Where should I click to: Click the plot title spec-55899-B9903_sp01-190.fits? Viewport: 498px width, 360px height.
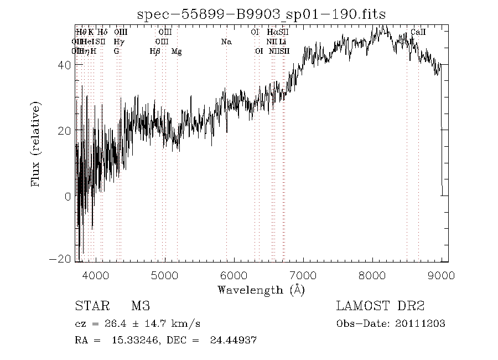(261, 14)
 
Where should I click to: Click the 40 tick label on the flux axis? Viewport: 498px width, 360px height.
(64, 65)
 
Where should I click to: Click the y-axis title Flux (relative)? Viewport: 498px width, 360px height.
(37, 144)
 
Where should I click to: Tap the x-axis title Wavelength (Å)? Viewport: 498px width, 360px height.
(261, 289)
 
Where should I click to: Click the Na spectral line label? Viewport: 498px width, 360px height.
(226, 42)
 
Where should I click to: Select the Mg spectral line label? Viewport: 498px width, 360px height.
(177, 51)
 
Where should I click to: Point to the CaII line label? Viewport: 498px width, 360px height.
(418, 33)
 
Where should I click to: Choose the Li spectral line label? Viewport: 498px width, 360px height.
(283, 42)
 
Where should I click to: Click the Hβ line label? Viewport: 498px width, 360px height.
(155, 51)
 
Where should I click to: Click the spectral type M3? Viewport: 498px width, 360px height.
(141, 306)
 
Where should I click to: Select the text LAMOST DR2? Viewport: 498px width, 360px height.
(380, 306)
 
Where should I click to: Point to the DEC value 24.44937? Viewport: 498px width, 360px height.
(233, 340)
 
